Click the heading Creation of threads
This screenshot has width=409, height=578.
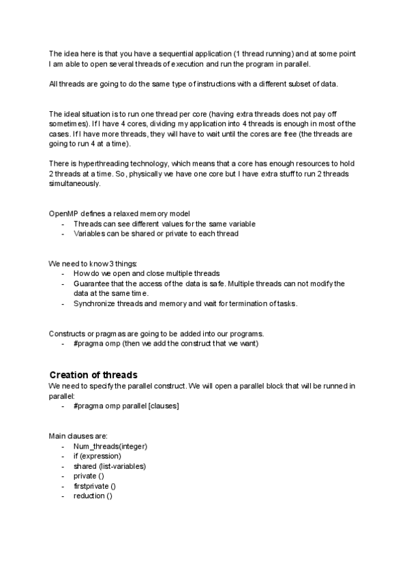coord(93,375)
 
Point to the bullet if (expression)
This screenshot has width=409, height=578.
coord(97,456)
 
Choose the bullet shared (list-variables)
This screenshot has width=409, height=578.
coord(109,466)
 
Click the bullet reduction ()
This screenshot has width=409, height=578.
coord(93,496)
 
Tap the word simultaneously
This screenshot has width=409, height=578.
coord(72,184)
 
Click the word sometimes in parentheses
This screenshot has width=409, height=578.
coord(67,125)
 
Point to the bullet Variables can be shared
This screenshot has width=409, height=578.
coord(155,234)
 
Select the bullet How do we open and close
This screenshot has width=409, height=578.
coord(146,273)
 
